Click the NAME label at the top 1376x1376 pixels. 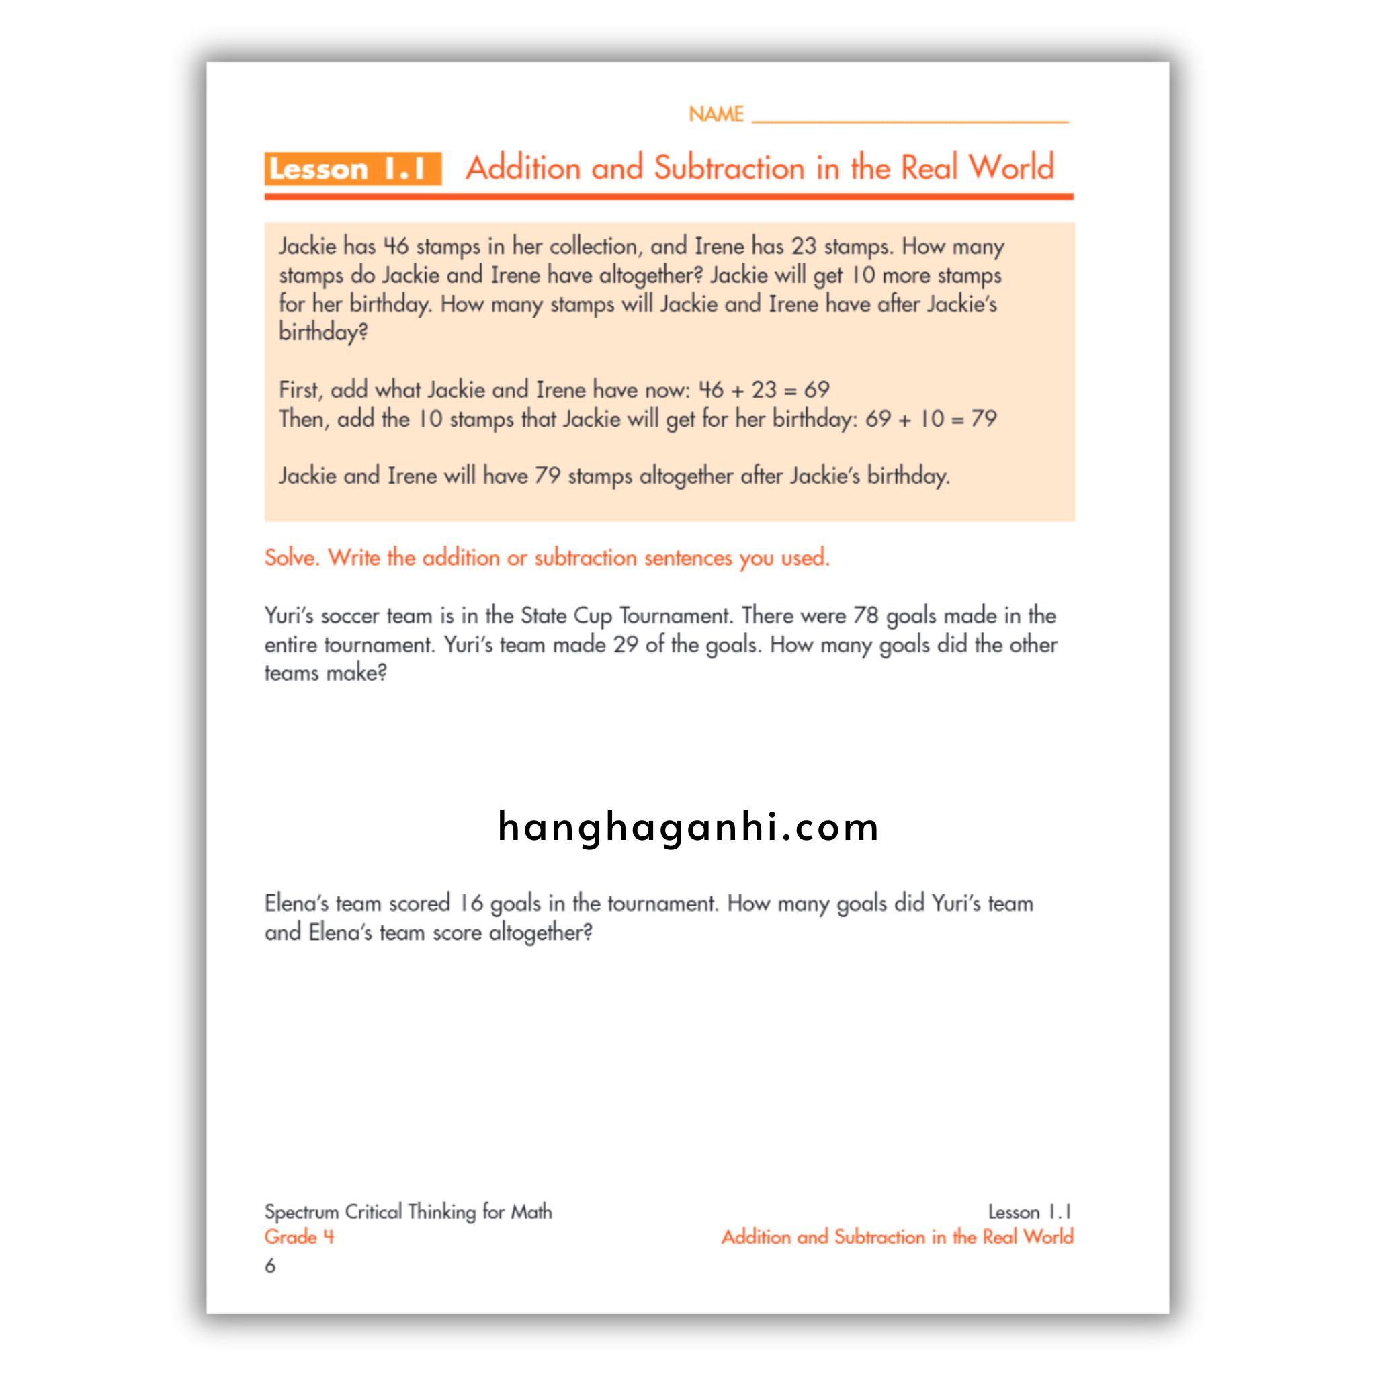pyautogui.click(x=715, y=114)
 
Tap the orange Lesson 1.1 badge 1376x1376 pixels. pyautogui.click(x=353, y=169)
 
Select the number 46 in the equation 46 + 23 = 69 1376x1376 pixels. pyautogui.click(x=711, y=390)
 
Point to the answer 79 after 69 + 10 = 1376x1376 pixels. pyautogui.click(x=984, y=418)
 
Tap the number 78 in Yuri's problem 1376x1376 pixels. pyautogui.click(x=865, y=615)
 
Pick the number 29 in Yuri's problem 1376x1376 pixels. pyautogui.click(x=626, y=644)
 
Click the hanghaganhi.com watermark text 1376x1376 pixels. pyautogui.click(x=688, y=827)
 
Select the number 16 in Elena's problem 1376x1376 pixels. pyautogui.click(x=471, y=903)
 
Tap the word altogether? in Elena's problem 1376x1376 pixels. pyautogui.click(x=541, y=933)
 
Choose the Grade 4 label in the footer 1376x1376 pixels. pyautogui.click(x=299, y=1236)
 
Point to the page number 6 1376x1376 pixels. pyautogui.click(x=270, y=1266)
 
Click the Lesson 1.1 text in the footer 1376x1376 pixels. pyautogui.click(x=1029, y=1211)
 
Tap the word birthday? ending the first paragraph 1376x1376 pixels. pyautogui.click(x=323, y=333)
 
